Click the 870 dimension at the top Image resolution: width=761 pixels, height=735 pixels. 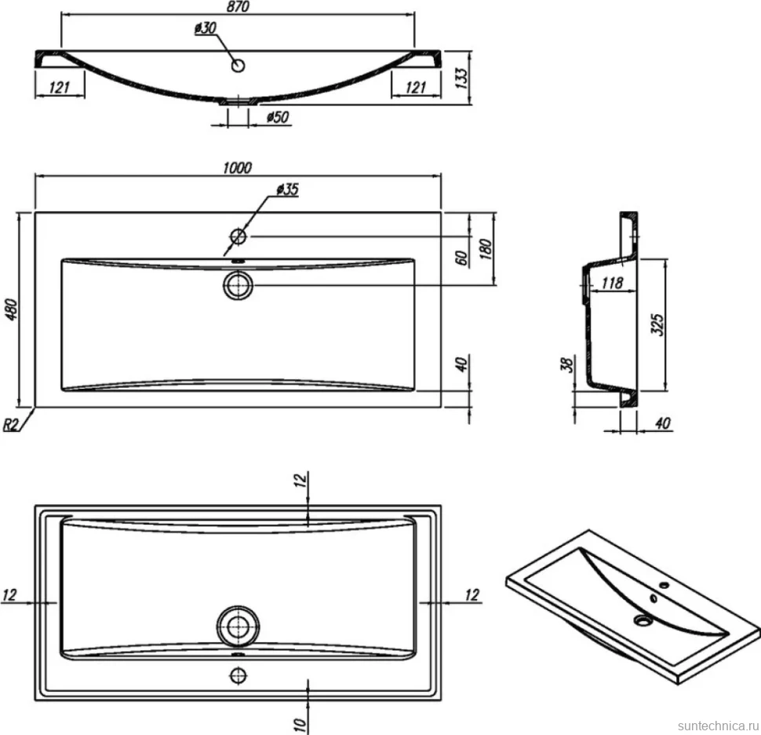[238, 6]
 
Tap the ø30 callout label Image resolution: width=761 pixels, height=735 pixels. [206, 27]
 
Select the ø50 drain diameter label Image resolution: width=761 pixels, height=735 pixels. [278, 117]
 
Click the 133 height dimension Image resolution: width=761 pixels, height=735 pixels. [462, 77]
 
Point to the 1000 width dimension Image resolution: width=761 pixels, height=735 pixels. [238, 167]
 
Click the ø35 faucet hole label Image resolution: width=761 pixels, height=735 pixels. [287, 189]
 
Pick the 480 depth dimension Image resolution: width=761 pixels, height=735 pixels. [11, 309]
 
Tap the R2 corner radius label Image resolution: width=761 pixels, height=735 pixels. [10, 425]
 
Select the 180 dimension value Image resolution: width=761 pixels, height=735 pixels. [486, 249]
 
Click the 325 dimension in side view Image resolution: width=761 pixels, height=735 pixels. [657, 324]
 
